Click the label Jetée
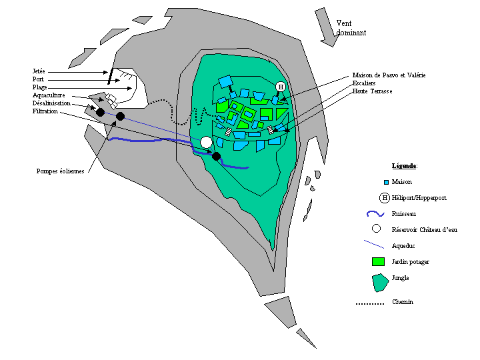38,71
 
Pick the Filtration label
44,111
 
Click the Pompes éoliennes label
61,171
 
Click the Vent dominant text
351,27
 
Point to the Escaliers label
364,83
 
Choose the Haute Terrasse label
372,91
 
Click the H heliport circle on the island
281,87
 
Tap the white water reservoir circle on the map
207,142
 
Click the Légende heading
405,165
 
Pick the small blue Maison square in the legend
385,182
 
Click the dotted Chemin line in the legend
370,304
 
